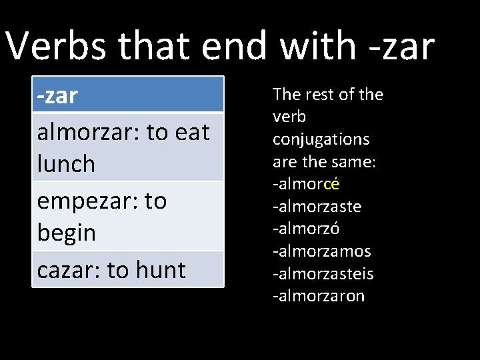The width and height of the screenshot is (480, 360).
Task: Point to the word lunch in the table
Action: pyautogui.click(x=66, y=164)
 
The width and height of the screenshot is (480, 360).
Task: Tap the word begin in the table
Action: pyautogui.click(x=67, y=233)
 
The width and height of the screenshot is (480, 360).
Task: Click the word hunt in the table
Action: pyautogui.click(x=160, y=270)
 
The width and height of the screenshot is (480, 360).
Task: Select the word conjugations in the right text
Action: pyautogui.click(x=321, y=139)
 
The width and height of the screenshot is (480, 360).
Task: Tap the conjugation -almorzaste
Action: pyautogui.click(x=317, y=207)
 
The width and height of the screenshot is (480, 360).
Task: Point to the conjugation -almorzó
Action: pyautogui.click(x=307, y=229)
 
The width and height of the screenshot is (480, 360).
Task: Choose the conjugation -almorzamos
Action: pyautogui.click(x=322, y=251)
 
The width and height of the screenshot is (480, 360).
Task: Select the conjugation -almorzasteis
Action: pyautogui.click(x=323, y=274)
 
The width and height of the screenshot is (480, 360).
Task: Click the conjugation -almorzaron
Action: pyautogui.click(x=319, y=296)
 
